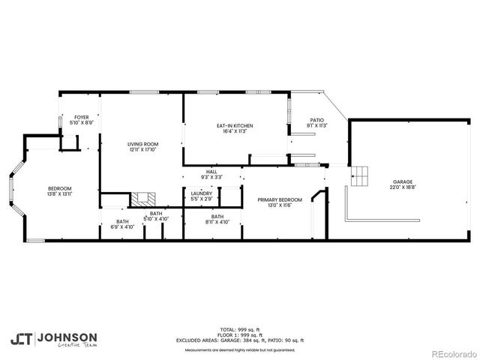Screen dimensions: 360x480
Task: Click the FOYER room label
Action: point(81,117)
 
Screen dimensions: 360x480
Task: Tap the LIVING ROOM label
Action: point(142,144)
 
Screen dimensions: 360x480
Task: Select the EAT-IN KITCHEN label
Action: point(235,125)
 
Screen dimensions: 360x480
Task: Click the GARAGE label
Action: point(403,182)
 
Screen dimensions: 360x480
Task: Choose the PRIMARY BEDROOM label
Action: point(280,199)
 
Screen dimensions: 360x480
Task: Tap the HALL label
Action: point(211,172)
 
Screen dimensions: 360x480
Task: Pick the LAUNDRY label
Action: point(201,193)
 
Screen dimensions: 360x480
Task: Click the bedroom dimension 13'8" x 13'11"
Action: point(59,194)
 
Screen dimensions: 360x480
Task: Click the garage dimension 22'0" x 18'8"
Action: point(403,187)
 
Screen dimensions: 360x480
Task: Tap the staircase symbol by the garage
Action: point(361,175)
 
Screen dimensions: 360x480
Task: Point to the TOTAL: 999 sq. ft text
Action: point(240,329)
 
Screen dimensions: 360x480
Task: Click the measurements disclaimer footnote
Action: point(240,349)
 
